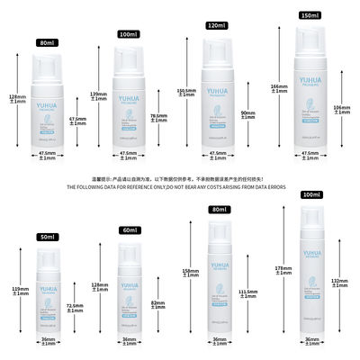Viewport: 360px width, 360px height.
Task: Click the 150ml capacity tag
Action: [310, 14]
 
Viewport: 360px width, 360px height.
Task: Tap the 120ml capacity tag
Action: [215, 28]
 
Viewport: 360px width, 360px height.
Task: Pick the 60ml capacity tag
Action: [129, 230]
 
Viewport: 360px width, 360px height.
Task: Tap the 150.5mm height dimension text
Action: [185, 92]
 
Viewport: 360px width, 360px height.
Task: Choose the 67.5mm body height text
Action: [77, 121]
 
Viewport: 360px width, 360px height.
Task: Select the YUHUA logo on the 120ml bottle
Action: [217, 93]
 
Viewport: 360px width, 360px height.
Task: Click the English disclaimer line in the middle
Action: [180, 186]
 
